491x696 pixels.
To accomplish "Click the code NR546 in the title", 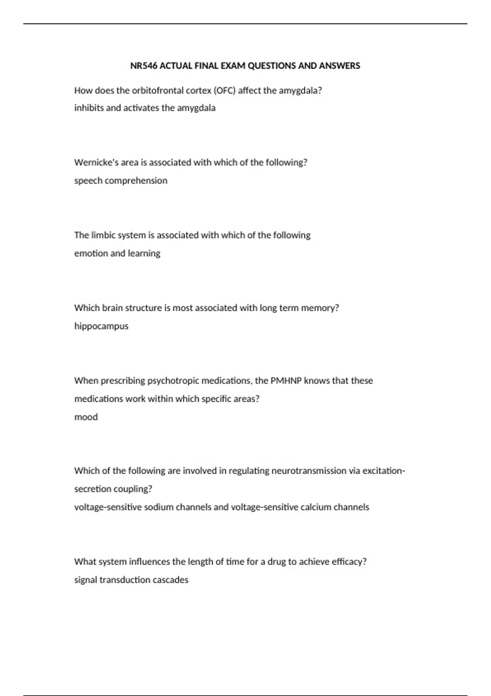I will (x=144, y=66).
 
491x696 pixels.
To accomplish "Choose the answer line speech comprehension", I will (x=121, y=181).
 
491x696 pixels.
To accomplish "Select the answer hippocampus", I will (x=101, y=326).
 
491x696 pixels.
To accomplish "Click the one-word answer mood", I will (x=86, y=417).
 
